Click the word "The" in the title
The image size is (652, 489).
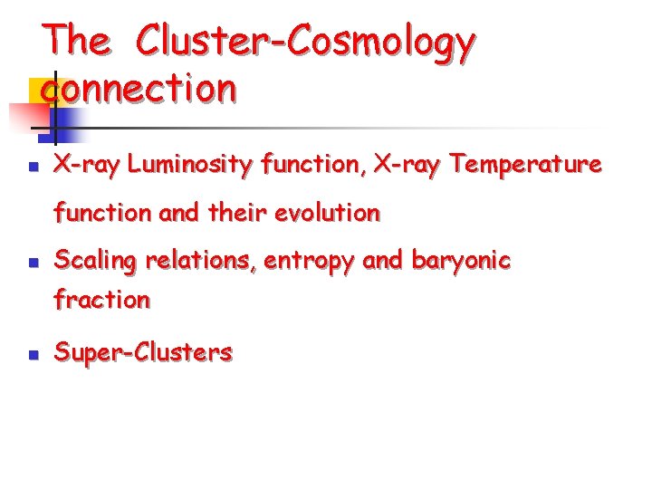[x=77, y=41]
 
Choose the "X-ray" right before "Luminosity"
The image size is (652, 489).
[x=89, y=164]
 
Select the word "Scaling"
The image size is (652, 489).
[x=95, y=261]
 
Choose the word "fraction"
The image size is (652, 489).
[x=101, y=299]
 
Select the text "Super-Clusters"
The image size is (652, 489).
[x=143, y=352]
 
